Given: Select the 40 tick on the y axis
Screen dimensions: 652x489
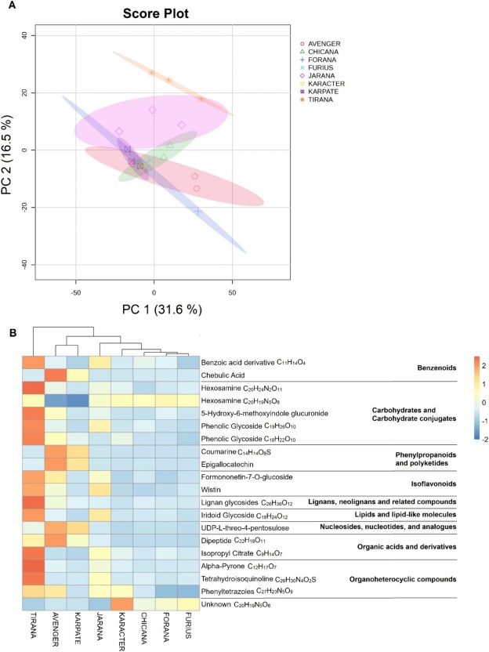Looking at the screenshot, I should (x=46, y=35).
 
